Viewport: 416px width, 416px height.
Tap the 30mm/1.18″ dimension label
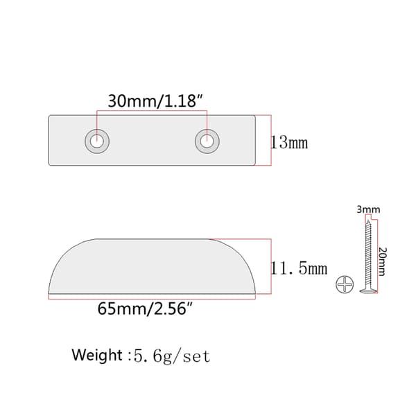pos(155,101)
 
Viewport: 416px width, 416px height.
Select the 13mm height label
pos(289,143)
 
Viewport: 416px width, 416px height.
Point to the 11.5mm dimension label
pos(299,268)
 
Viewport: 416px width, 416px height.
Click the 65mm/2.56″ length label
pos(145,309)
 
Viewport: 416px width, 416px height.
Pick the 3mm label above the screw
pos(368,209)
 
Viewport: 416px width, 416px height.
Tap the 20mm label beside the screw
pos(382,261)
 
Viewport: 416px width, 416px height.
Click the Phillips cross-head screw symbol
pos(345,284)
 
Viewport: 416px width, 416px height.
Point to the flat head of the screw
pos(369,291)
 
